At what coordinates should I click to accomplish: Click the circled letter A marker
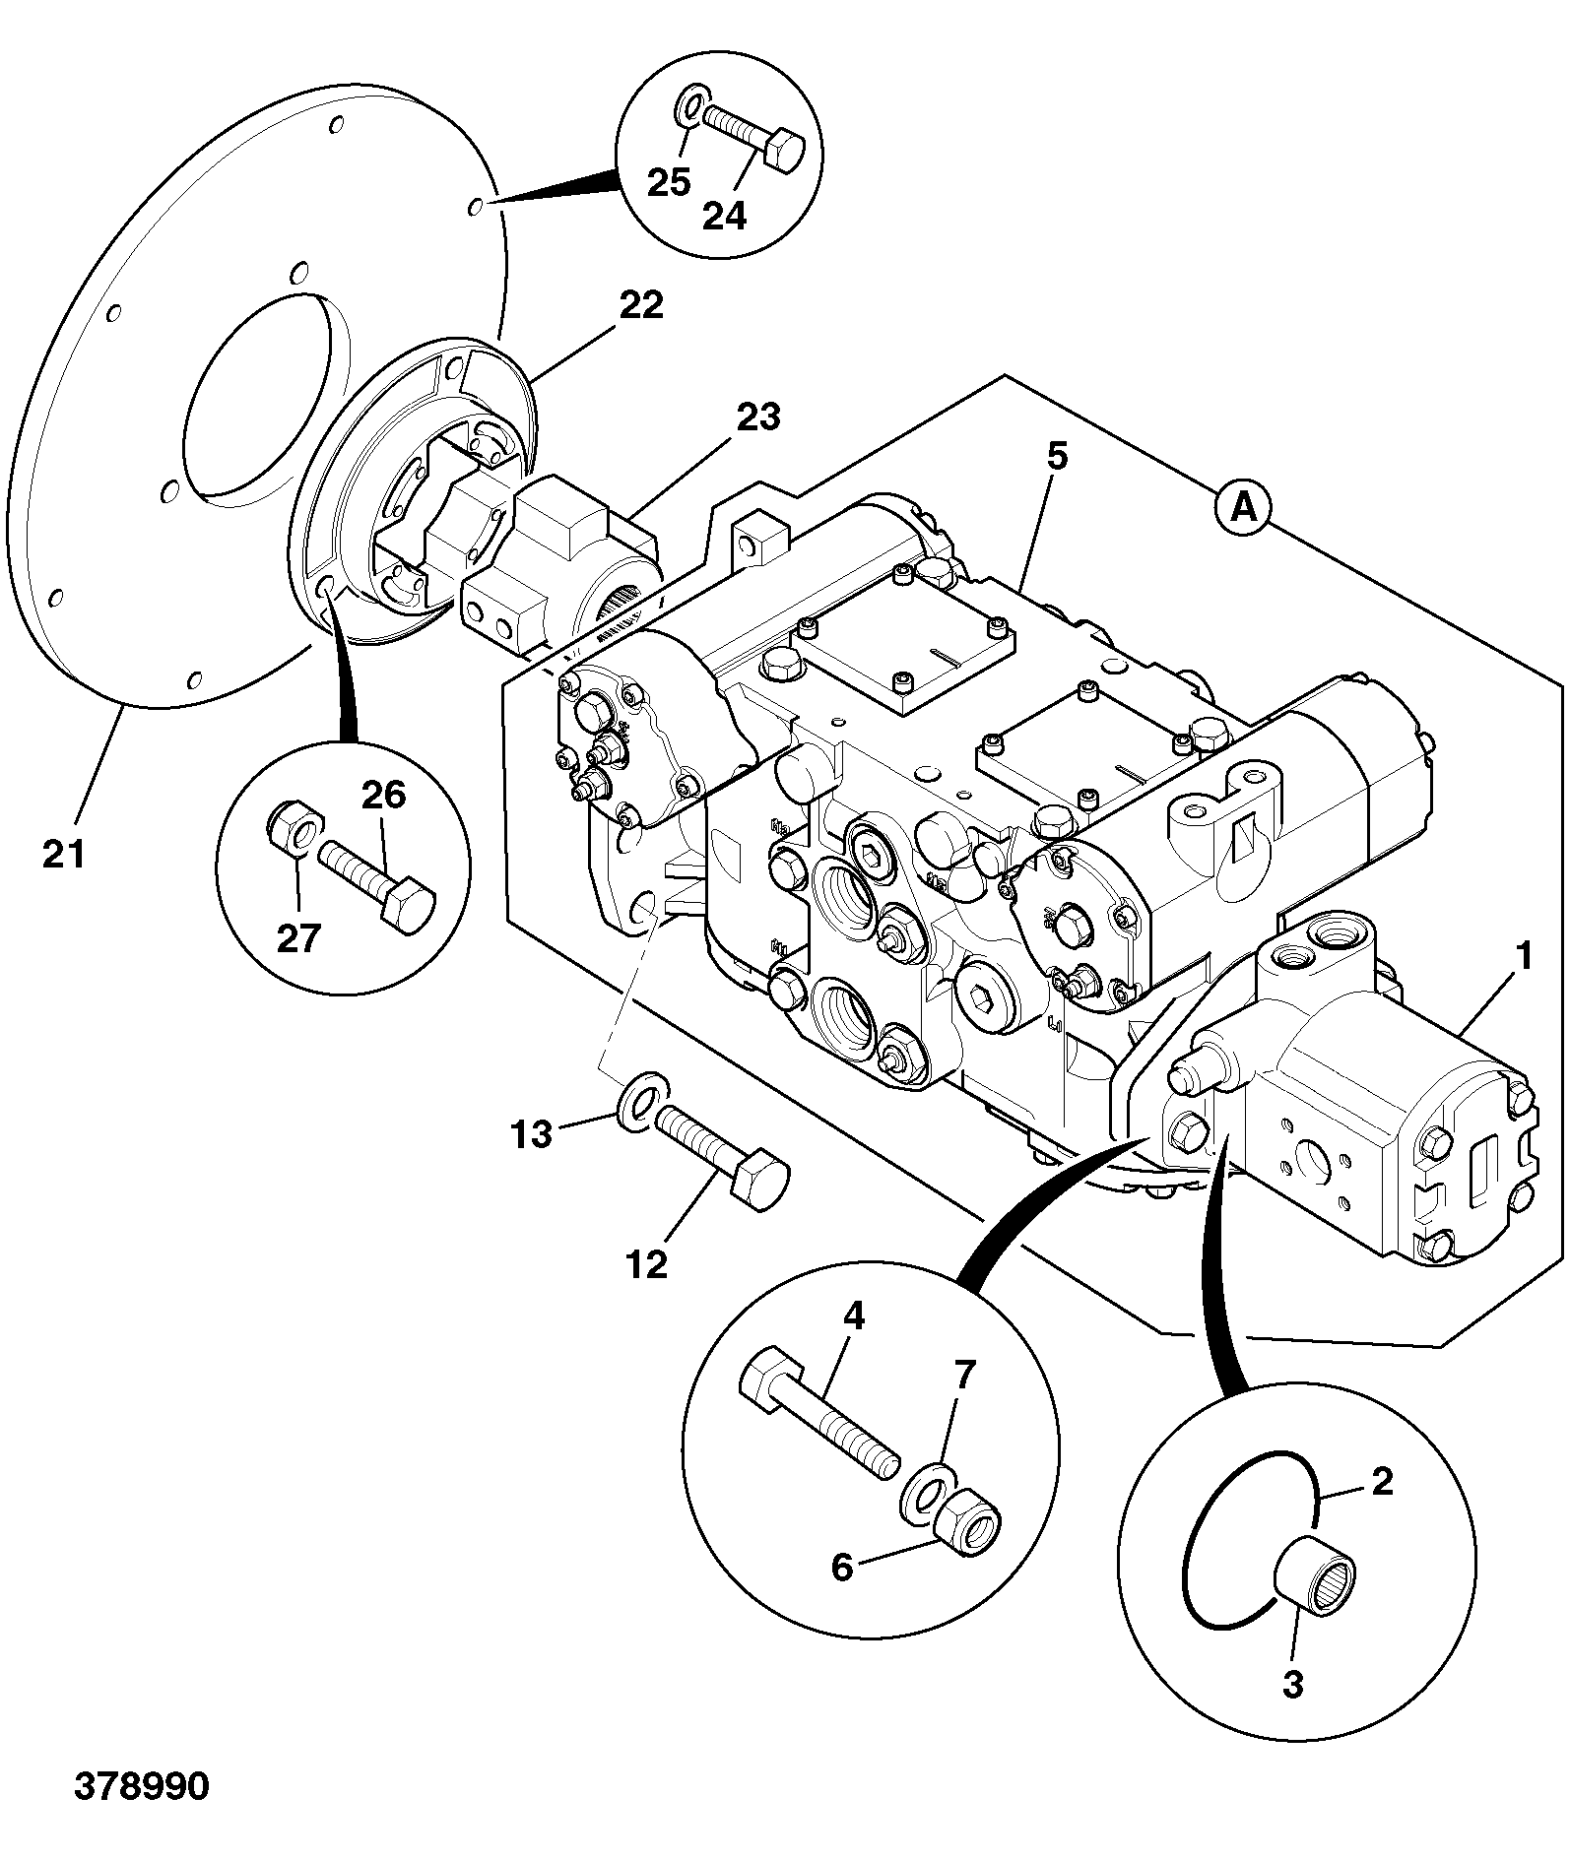[1244, 508]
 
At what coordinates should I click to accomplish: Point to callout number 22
[641, 306]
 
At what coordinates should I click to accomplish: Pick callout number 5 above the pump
[1056, 457]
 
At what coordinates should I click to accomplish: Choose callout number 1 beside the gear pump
[1523, 956]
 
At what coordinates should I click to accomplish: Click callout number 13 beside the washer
[532, 1135]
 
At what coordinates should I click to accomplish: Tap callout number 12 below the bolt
[647, 1264]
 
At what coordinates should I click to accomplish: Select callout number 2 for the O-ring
[1382, 1480]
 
